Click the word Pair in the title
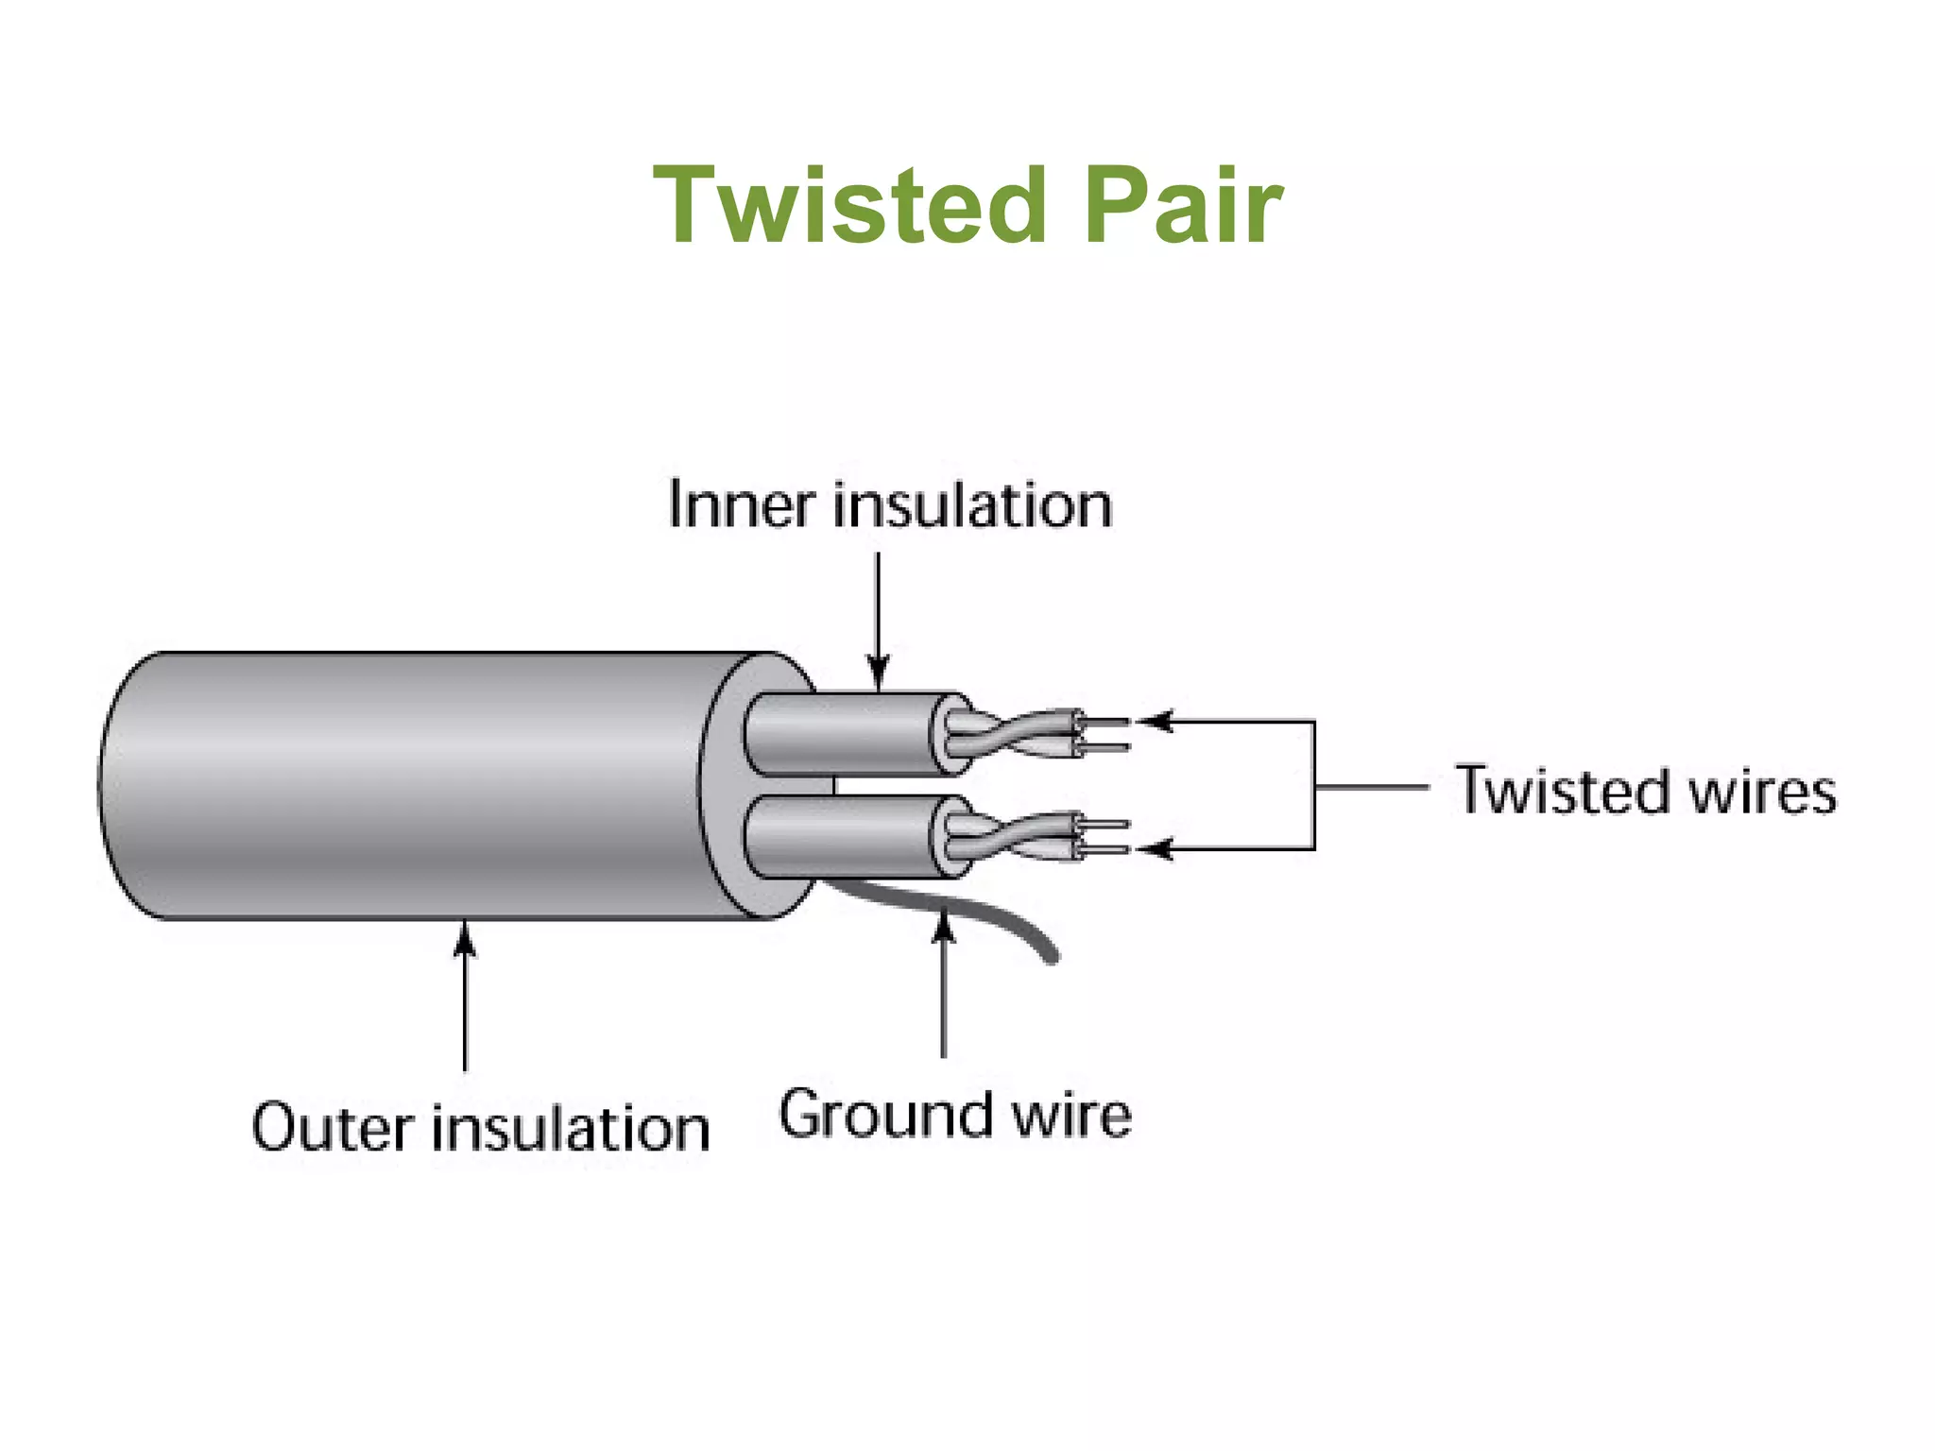[1183, 206]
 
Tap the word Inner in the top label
[740, 504]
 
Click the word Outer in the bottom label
[332, 1128]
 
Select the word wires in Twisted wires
[1761, 791]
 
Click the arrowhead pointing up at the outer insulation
[464, 939]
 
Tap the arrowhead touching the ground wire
[943, 927]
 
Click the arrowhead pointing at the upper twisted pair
[1155, 722]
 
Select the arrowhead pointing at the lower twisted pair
[1155, 848]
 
